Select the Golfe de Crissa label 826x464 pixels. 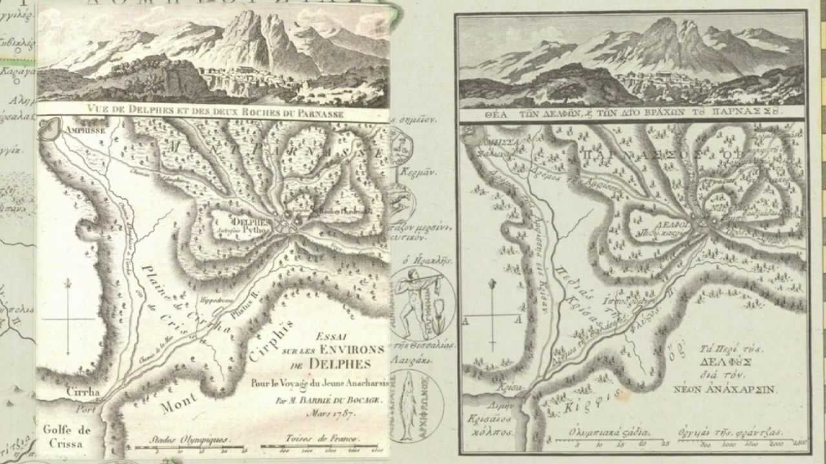click(x=66, y=436)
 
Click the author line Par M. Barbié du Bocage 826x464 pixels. click(x=328, y=400)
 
